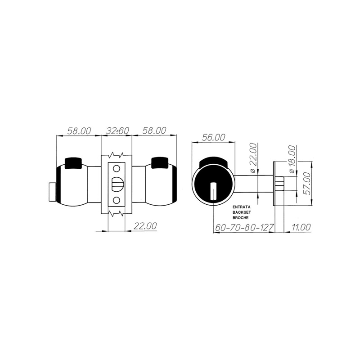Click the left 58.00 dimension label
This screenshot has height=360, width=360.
click(79, 131)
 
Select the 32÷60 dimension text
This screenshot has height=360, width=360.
click(118, 131)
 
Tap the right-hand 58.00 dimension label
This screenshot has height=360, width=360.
click(154, 130)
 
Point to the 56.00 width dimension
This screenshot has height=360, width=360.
click(213, 138)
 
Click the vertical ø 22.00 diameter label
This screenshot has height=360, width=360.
click(253, 157)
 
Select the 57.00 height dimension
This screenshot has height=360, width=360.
click(308, 184)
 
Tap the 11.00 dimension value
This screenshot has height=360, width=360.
click(301, 227)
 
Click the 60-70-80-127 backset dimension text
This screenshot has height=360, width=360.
click(244, 228)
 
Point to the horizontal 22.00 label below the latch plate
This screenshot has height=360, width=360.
click(145, 226)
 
